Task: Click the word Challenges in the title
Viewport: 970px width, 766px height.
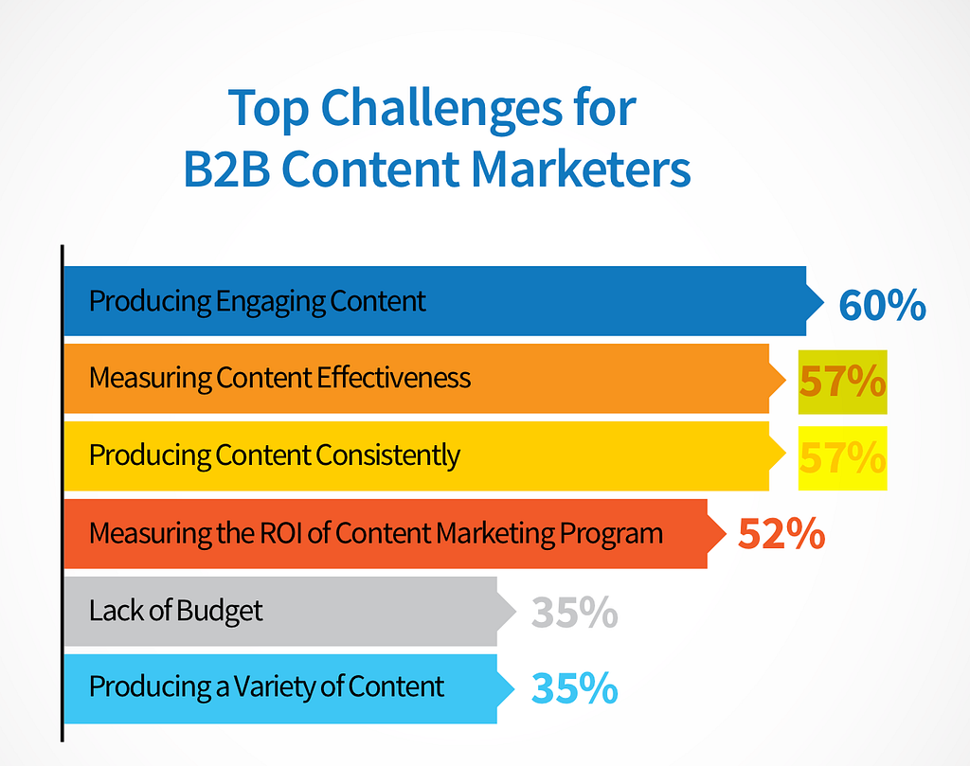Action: [441, 110]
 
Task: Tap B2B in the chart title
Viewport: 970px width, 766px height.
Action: [227, 169]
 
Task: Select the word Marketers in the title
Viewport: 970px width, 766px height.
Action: [581, 169]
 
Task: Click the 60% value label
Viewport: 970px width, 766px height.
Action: [882, 305]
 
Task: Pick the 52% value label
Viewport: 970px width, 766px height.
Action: [781, 533]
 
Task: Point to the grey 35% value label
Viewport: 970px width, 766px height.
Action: [575, 612]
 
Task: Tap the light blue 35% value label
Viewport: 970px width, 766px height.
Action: [575, 688]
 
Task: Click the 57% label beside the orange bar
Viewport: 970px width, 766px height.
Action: [842, 382]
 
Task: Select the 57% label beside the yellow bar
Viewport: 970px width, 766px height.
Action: [842, 458]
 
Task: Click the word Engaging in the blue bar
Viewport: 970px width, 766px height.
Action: [270, 303]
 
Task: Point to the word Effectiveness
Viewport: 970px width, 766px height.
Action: [393, 378]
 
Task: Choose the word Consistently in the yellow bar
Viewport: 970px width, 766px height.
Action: [387, 456]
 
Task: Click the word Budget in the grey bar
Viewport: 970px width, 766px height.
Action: [219, 611]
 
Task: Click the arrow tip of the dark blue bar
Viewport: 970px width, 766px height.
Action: [824, 302]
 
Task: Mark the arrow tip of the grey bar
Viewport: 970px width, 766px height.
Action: [516, 612]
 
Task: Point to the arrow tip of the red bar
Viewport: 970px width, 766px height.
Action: [726, 533]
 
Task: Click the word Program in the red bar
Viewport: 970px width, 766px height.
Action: [611, 534]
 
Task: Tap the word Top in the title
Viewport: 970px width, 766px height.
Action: [268, 110]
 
